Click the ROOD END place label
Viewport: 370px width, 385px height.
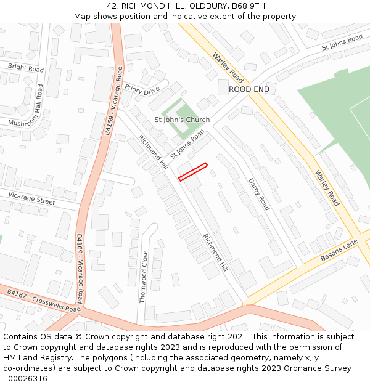coord(249,89)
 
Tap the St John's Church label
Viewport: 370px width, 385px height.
coord(182,120)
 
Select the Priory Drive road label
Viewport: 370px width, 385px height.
coord(142,90)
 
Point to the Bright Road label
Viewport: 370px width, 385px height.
coord(25,68)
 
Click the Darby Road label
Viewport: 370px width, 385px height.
coord(259,194)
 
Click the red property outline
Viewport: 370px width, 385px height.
coord(192,172)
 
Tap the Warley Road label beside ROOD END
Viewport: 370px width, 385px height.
coord(228,68)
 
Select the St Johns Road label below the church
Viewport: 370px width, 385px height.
coord(187,143)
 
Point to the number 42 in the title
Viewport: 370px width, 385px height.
coord(112,6)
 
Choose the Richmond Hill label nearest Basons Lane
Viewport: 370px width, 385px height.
coord(216,253)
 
